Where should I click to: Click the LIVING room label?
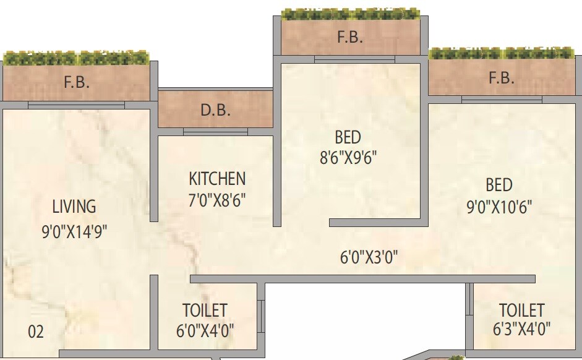[74, 207]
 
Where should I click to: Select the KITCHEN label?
[217, 179]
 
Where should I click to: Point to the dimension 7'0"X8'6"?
[217, 201]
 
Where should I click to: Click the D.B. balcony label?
[215, 111]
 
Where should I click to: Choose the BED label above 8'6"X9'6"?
[348, 137]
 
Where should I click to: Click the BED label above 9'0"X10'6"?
[499, 185]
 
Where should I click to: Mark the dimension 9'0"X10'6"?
[499, 207]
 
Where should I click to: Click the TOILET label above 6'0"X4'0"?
[205, 310]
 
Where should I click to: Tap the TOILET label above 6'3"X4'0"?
[521, 310]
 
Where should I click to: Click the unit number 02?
[36, 332]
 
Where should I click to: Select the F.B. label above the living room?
[77, 83]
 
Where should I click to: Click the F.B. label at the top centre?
[349, 37]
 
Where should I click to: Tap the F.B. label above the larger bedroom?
[501, 79]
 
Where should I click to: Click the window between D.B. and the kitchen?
[215, 132]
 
